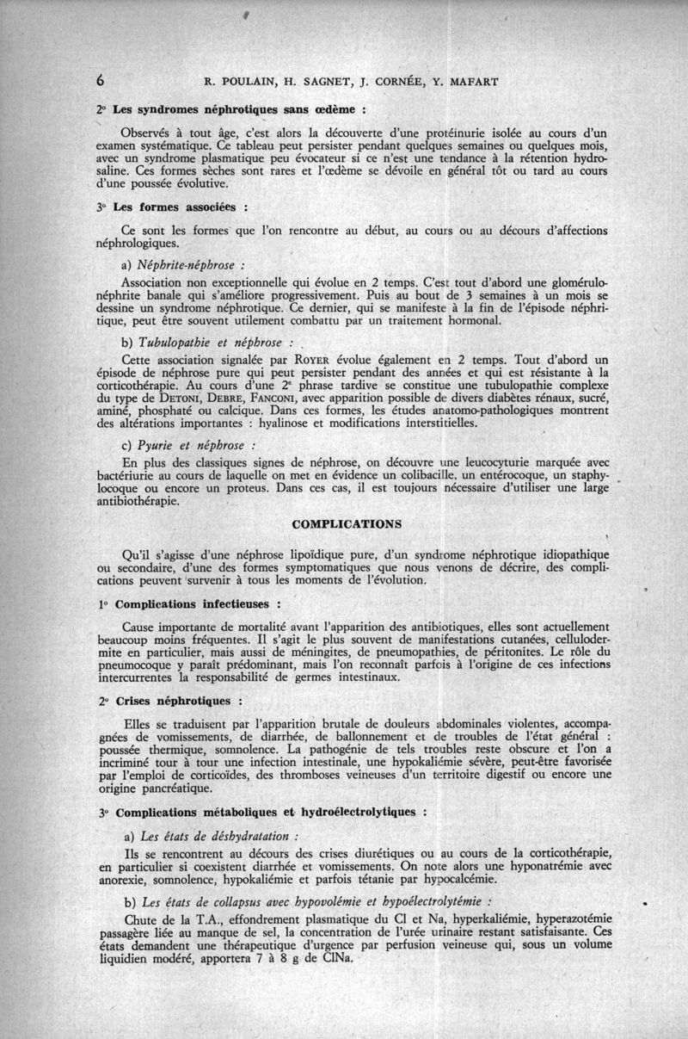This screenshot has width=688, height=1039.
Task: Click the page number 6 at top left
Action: click(x=101, y=82)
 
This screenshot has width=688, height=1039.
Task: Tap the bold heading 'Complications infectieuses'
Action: click(x=193, y=604)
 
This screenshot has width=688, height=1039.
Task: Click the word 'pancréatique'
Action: click(x=178, y=787)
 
